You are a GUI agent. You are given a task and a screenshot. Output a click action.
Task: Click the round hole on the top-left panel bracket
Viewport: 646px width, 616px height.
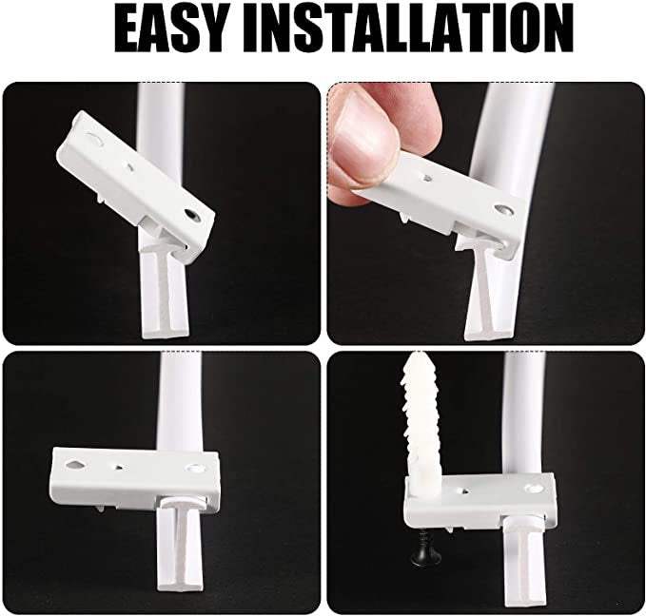(x=192, y=215)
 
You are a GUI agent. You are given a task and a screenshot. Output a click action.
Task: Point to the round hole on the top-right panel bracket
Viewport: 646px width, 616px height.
(x=503, y=209)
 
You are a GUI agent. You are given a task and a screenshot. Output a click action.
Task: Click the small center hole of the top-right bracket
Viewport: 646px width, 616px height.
(x=427, y=179)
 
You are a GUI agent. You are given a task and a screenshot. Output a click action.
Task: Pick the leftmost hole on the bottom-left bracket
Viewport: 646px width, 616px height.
(x=74, y=465)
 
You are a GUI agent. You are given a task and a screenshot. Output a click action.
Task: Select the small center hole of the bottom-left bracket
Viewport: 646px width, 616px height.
(x=119, y=467)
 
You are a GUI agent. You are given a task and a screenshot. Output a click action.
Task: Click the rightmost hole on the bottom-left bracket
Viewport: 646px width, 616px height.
(x=194, y=468)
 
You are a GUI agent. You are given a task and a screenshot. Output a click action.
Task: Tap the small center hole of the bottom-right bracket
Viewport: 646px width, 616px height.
(x=465, y=491)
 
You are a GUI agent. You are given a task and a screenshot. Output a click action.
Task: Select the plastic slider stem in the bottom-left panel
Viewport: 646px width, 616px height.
(x=180, y=548)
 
